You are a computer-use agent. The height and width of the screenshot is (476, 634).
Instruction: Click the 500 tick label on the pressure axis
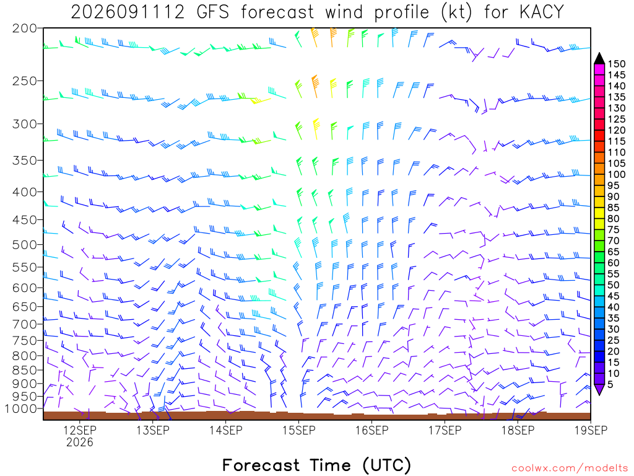click(24, 245)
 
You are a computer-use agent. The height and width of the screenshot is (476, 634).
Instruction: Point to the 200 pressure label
click(24, 29)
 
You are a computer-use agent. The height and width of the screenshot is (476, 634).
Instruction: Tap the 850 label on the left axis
click(24, 370)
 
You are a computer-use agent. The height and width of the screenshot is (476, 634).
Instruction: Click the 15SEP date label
click(299, 430)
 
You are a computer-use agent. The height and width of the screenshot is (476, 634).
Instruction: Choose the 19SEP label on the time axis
click(591, 430)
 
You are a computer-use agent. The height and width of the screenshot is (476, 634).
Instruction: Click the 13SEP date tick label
click(153, 430)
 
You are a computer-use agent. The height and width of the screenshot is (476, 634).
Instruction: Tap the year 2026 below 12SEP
click(80, 442)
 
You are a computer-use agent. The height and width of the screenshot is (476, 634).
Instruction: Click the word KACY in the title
click(542, 12)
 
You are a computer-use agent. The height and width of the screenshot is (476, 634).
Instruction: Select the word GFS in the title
click(213, 12)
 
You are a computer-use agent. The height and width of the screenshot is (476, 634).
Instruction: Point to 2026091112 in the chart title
click(128, 12)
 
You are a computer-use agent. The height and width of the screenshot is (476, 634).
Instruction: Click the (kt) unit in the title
click(456, 12)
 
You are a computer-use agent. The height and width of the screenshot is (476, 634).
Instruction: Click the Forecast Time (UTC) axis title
click(316, 465)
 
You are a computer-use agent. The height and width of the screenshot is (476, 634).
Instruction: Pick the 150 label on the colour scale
click(617, 64)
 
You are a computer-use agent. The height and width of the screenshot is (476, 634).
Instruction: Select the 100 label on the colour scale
click(617, 174)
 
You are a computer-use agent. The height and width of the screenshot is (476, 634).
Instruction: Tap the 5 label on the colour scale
click(610, 384)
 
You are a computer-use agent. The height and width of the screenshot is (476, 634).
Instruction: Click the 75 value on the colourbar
click(614, 229)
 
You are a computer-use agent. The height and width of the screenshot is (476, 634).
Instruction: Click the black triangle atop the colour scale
click(599, 58)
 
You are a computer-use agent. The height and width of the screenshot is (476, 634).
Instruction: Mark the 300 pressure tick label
click(24, 124)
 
